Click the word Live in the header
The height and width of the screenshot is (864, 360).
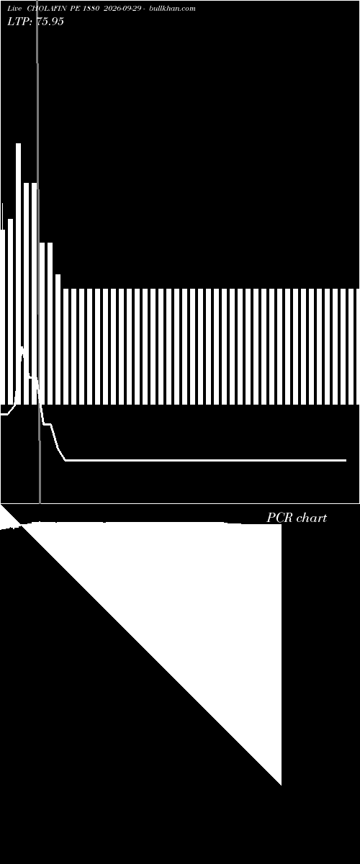click(14, 9)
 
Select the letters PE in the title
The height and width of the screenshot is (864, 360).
click(75, 9)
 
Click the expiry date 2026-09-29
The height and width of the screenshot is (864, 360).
click(122, 9)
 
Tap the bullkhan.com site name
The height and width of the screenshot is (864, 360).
click(172, 9)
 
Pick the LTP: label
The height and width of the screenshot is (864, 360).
click(19, 22)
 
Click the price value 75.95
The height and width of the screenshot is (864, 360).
click(50, 22)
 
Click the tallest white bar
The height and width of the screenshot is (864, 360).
click(19, 274)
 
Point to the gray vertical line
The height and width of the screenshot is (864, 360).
click(38, 251)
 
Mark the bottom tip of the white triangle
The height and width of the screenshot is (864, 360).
click(281, 785)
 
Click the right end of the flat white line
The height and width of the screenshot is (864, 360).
click(346, 460)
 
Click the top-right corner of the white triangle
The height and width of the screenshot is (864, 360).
click(282, 524)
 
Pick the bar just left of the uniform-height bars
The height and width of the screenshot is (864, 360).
click(58, 339)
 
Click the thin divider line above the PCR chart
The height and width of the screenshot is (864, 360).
click(180, 504)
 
